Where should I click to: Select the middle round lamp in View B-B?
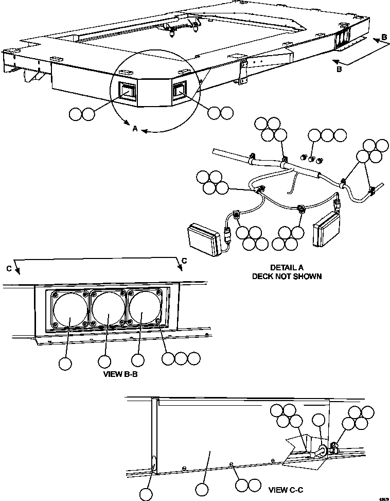[109, 309]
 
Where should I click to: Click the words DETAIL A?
[287, 268]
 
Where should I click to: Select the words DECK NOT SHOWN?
[287, 277]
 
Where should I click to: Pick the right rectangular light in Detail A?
[326, 227]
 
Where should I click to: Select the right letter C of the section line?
[184, 261]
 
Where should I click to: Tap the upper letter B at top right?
[384, 37]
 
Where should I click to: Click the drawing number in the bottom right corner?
[382, 497]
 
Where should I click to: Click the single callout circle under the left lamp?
[65, 364]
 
